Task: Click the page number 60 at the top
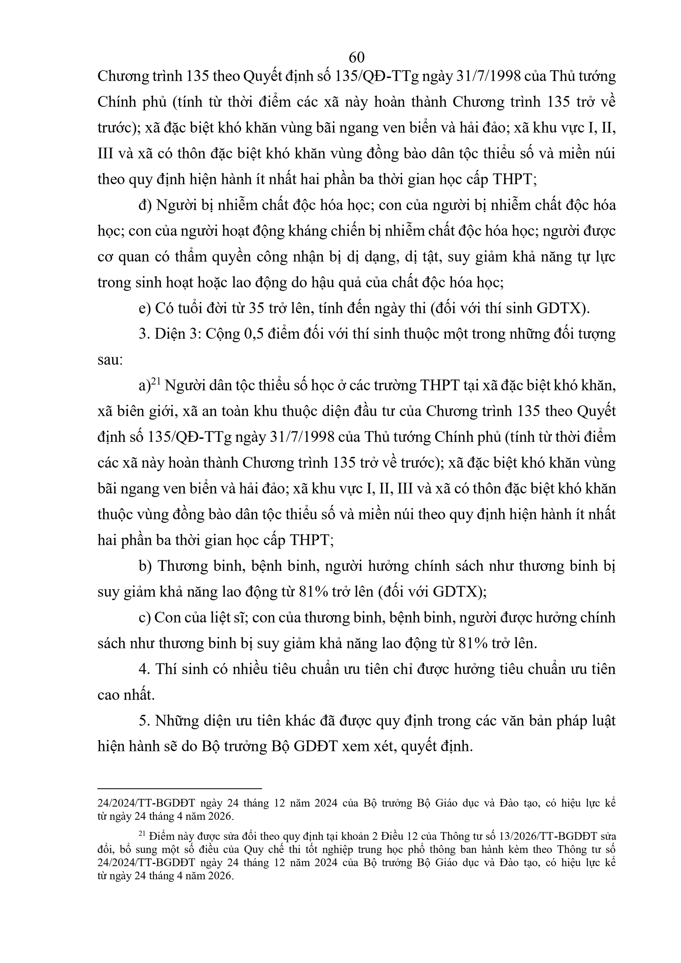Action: point(356,57)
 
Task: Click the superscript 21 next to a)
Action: point(156,382)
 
